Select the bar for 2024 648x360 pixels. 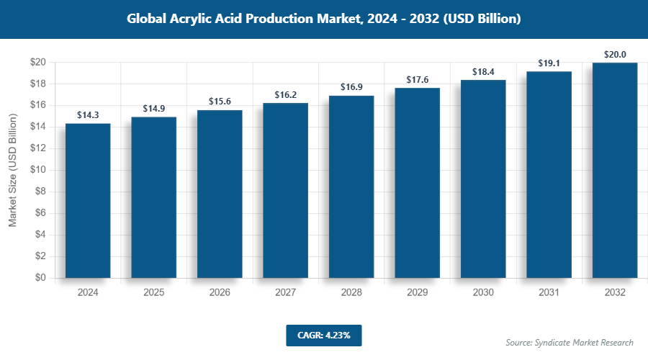click(88, 201)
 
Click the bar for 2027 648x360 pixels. click(285, 191)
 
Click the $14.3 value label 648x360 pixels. click(88, 115)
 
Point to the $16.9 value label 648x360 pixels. click(351, 87)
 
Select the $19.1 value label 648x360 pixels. click(549, 63)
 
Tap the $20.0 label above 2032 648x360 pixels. click(615, 54)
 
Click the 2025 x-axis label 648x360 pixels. click(153, 293)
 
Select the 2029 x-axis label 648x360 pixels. click(417, 293)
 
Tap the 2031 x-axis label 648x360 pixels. click(549, 293)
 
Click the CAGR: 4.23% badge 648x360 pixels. click(323, 335)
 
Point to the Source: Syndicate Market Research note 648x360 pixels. click(570, 342)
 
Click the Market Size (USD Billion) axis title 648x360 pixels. click(12, 170)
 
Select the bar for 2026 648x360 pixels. click(220, 194)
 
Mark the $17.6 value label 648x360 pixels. click(417, 80)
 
